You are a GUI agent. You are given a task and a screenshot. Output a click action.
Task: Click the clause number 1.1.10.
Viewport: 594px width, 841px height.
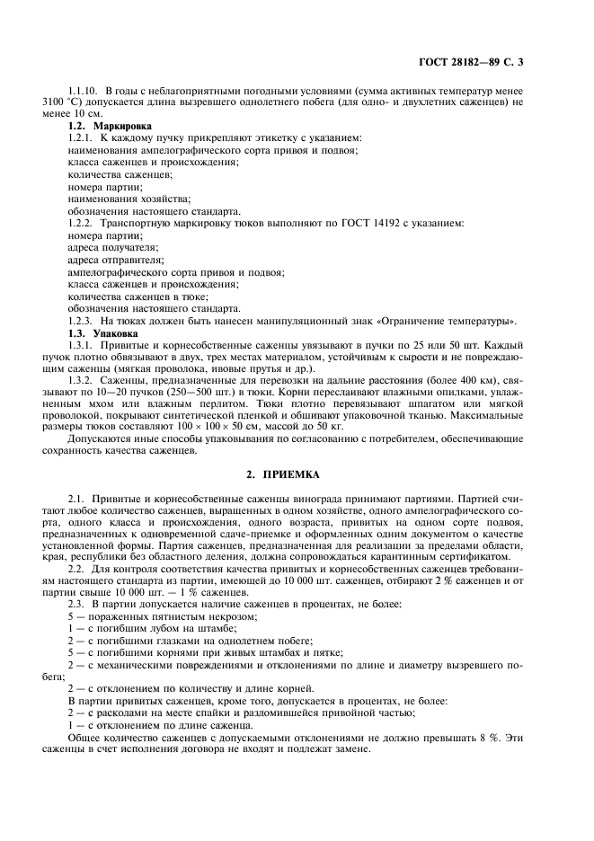pos(84,92)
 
